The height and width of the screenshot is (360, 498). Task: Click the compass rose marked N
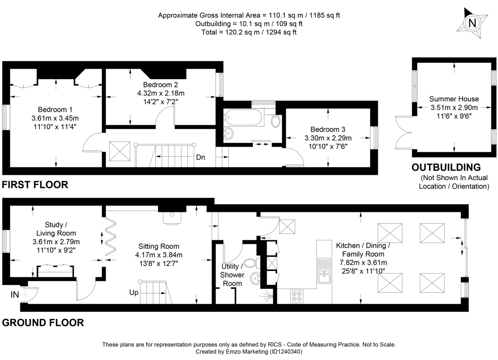point(472,23)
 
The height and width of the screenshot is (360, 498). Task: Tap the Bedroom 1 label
point(55,110)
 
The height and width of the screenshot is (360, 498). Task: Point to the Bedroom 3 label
point(328,130)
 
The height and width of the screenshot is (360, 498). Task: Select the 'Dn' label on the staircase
point(200,158)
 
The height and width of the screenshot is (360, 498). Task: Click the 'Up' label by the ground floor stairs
point(134,292)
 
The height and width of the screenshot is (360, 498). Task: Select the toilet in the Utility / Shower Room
point(250,263)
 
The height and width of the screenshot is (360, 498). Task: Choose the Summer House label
point(454,99)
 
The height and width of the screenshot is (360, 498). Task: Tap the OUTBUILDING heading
point(446,167)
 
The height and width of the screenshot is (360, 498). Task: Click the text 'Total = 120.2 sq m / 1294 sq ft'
point(249,32)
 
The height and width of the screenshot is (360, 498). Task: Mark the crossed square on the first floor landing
point(119,151)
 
